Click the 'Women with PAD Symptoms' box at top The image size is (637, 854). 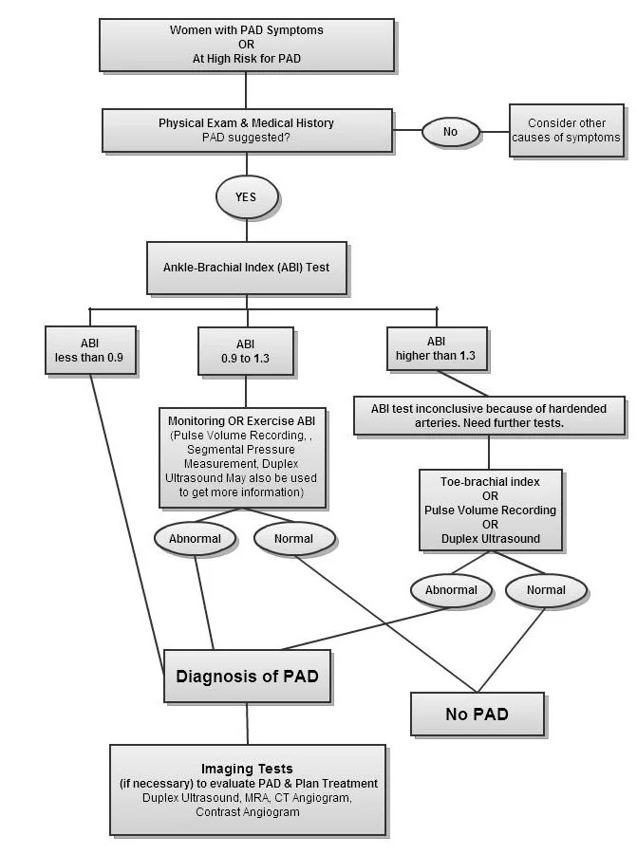click(246, 45)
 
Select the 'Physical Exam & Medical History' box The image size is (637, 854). click(246, 130)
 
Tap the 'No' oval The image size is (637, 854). click(450, 132)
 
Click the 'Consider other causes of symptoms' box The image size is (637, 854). click(566, 130)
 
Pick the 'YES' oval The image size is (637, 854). click(247, 198)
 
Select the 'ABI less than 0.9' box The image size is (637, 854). click(89, 349)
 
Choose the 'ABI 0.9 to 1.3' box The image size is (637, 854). click(246, 351)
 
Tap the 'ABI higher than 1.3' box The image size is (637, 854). click(436, 349)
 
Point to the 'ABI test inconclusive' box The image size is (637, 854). click(488, 416)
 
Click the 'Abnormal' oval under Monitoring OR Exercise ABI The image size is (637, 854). click(195, 539)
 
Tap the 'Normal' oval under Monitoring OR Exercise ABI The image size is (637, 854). click(294, 539)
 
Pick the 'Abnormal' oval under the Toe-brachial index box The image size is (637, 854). click(451, 590)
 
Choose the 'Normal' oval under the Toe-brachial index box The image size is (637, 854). click(546, 590)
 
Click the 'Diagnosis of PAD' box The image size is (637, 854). click(247, 677)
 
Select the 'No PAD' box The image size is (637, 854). click(477, 714)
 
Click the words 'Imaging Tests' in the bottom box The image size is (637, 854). click(247, 768)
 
